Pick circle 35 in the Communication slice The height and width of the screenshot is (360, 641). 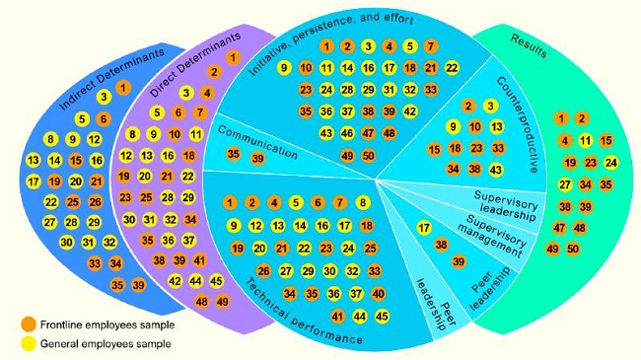tap(233, 153)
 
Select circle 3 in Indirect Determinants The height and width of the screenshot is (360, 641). tap(103, 97)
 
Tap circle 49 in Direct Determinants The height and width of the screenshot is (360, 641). tap(223, 301)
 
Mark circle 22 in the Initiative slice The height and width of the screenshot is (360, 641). tap(452, 67)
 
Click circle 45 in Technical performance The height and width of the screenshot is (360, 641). tap(381, 316)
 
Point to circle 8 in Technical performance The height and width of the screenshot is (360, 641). tap(363, 203)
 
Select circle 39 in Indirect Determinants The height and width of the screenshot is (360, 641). tap(139, 285)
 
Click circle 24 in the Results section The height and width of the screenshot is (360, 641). tap(610, 162)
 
